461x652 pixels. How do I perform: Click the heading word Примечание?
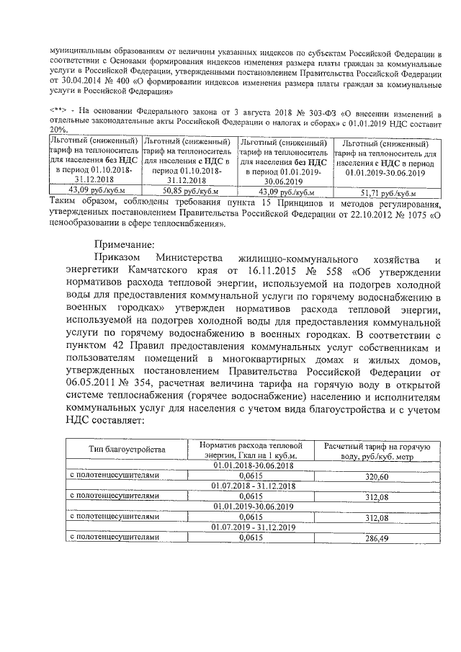124,244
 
